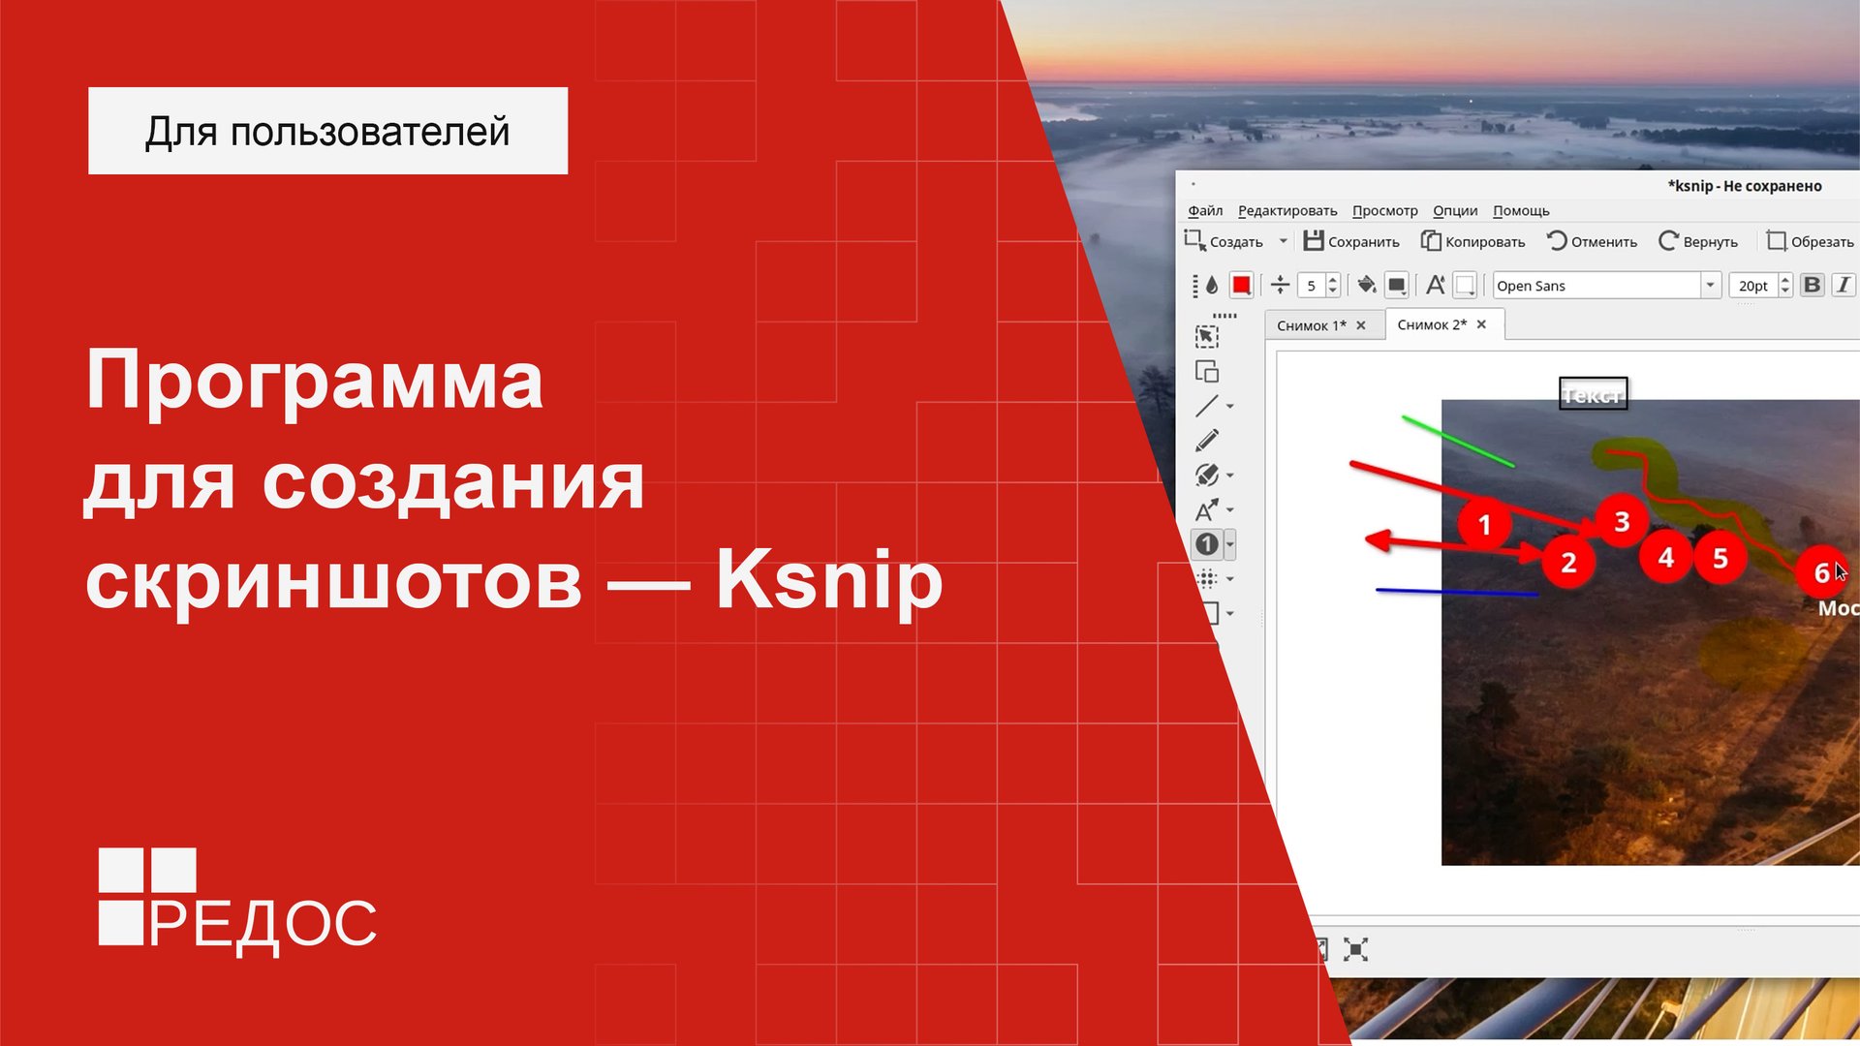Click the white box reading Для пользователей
coord(327,131)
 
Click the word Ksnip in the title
coord(828,581)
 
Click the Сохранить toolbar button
coord(1351,241)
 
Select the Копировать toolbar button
coord(1473,241)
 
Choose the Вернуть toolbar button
coord(1698,241)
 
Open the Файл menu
coord(1205,211)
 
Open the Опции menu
coord(1455,211)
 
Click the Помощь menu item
coord(1521,211)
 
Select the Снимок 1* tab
coord(1311,325)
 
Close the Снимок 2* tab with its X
coord(1481,324)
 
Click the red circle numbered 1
coord(1484,525)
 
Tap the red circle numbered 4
coord(1665,558)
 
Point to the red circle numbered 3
coord(1622,522)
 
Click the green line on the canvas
coord(1457,442)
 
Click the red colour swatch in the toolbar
coord(1241,285)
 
